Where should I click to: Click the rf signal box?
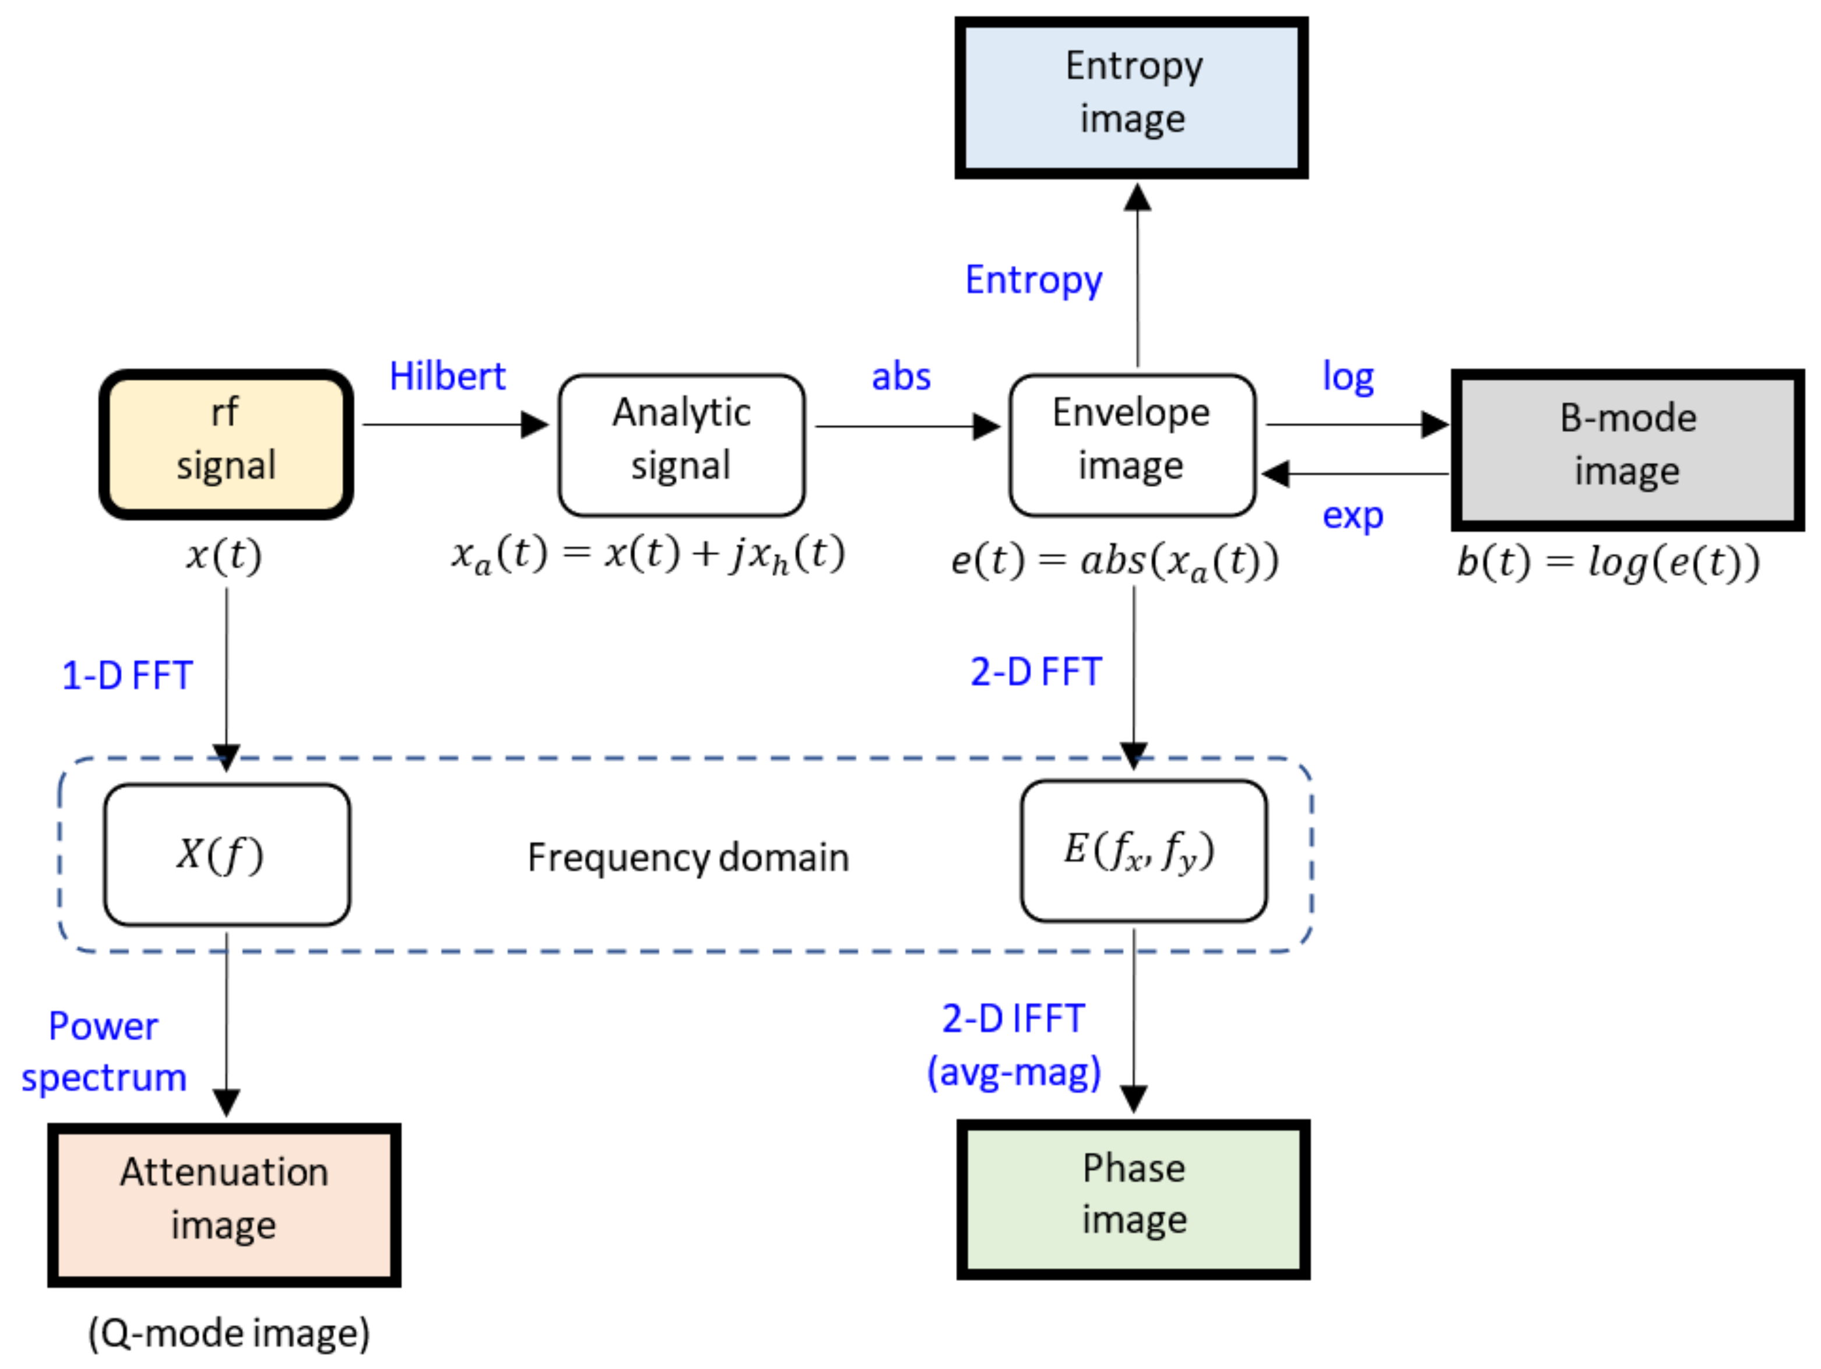pyautogui.click(x=226, y=444)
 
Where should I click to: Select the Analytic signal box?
pyautogui.click(x=681, y=445)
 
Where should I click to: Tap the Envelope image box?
pyautogui.click(x=1132, y=445)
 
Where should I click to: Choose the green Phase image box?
pyautogui.click(x=1134, y=1199)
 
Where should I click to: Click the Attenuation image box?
pyautogui.click(x=224, y=1205)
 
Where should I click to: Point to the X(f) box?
pyautogui.click(x=226, y=855)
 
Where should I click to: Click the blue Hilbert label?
pyautogui.click(x=447, y=376)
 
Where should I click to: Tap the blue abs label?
pyautogui.click(x=901, y=376)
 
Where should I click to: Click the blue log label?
pyautogui.click(x=1348, y=376)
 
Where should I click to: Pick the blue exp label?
pyautogui.click(x=1352, y=516)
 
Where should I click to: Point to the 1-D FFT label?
pyautogui.click(x=128, y=675)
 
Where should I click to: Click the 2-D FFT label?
pyautogui.click(x=1036, y=672)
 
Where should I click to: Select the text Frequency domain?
pyautogui.click(x=688, y=857)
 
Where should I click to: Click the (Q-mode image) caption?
pyautogui.click(x=229, y=1332)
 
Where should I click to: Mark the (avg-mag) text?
pyautogui.click(x=1014, y=1072)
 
